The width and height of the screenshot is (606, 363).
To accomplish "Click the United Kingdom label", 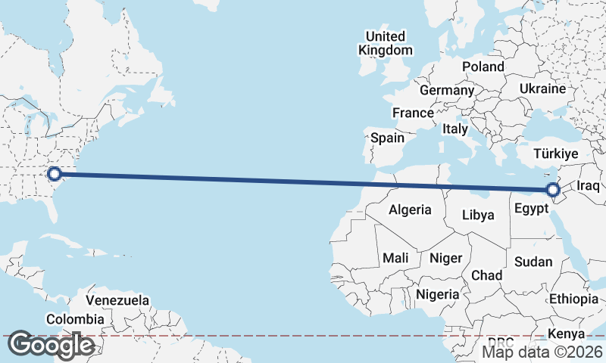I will pyautogui.click(x=386, y=43).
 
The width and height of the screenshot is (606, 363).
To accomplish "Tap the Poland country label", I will pyautogui.click(x=483, y=67).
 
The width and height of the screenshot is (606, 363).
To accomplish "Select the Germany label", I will pyautogui.click(x=446, y=90).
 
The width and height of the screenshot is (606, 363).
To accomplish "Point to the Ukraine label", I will pyautogui.click(x=542, y=88).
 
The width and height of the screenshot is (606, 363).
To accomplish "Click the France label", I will pyautogui.click(x=413, y=113).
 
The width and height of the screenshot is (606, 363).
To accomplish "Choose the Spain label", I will pyautogui.click(x=387, y=138).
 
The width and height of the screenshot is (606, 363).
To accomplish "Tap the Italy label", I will pyautogui.click(x=455, y=129).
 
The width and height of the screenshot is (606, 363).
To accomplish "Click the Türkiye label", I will pyautogui.click(x=556, y=154).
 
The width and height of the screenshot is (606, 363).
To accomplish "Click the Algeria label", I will pyautogui.click(x=410, y=209).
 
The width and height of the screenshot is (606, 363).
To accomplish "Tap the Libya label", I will pyautogui.click(x=478, y=215).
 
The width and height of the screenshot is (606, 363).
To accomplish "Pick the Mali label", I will pyautogui.click(x=395, y=258).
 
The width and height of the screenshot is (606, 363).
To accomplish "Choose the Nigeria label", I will pyautogui.click(x=437, y=294).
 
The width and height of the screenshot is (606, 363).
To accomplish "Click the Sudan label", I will pyautogui.click(x=533, y=262).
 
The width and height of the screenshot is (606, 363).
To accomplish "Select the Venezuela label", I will pyautogui.click(x=117, y=300).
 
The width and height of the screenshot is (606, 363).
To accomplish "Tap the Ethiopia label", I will pyautogui.click(x=574, y=299).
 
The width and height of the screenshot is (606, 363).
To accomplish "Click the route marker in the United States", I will pyautogui.click(x=54, y=175).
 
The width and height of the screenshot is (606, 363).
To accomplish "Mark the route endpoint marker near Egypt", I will pyautogui.click(x=554, y=189).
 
